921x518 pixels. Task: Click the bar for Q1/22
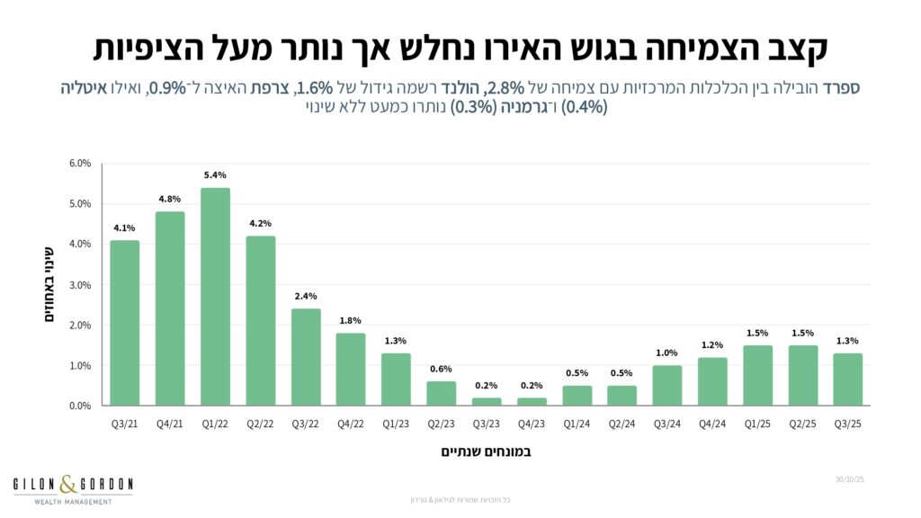pyautogui.click(x=215, y=297)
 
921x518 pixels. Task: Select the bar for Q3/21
pyautogui.click(x=125, y=323)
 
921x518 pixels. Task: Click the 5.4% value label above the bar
pyautogui.click(x=215, y=175)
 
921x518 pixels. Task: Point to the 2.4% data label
pyautogui.click(x=306, y=297)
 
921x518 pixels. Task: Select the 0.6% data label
pyautogui.click(x=441, y=370)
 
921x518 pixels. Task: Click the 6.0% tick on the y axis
pyautogui.click(x=80, y=164)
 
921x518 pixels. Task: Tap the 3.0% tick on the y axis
pyautogui.click(x=80, y=285)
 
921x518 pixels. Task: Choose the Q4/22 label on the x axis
pyautogui.click(x=351, y=423)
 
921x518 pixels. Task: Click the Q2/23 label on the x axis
pyautogui.click(x=441, y=423)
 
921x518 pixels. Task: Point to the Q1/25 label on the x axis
pyautogui.click(x=757, y=423)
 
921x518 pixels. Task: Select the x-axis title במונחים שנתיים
pyautogui.click(x=486, y=451)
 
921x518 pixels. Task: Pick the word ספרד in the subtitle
pyautogui.click(x=842, y=88)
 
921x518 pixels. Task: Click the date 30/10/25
pyautogui.click(x=850, y=481)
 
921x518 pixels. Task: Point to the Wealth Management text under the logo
pyautogui.click(x=72, y=501)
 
